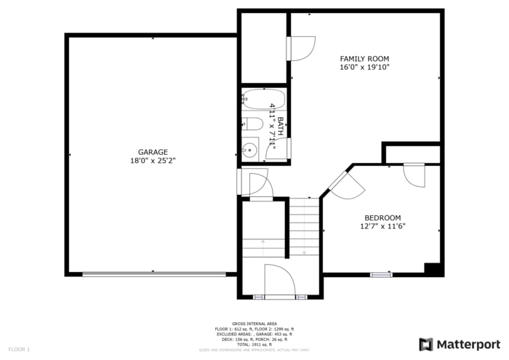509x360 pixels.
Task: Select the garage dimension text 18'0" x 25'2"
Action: [153, 161]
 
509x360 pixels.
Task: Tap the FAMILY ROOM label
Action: [364, 58]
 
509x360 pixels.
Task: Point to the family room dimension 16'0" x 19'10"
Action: [364, 67]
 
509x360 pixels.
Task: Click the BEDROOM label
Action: [382, 217]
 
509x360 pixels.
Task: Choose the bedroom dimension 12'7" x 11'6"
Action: [382, 226]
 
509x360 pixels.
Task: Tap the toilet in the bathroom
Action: [249, 123]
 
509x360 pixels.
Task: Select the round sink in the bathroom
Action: [250, 150]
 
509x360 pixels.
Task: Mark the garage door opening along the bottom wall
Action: [153, 274]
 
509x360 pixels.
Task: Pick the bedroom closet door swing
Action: [414, 175]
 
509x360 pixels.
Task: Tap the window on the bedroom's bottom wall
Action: [382, 274]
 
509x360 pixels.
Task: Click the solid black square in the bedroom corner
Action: [433, 268]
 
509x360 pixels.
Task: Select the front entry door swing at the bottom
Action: [279, 281]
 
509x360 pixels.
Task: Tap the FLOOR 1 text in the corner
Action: [18, 350]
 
